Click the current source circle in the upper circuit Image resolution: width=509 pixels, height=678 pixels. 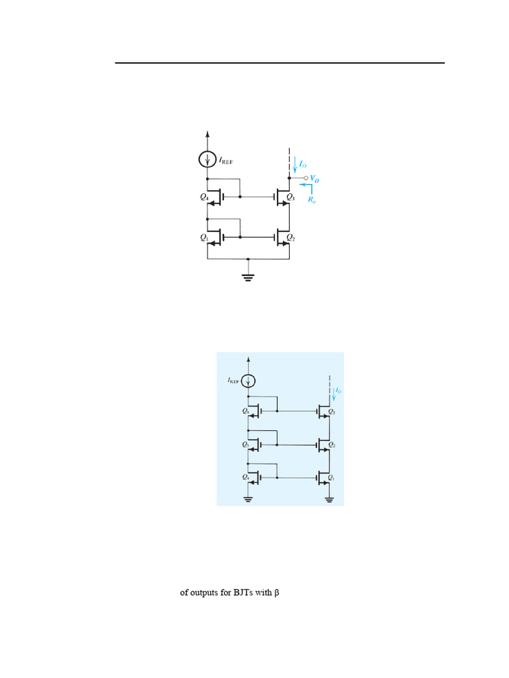pos(208,160)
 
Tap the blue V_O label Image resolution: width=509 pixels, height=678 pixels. pos(315,179)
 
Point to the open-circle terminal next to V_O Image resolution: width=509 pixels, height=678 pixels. pos(306,179)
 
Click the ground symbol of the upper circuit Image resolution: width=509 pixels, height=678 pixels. pos(248,277)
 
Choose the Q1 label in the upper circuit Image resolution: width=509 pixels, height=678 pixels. pos(204,236)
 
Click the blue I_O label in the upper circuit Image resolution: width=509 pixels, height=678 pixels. pos(302,162)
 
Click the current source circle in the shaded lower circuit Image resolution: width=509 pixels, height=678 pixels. pos(249,381)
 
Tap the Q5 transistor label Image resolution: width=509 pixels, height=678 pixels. pos(245,444)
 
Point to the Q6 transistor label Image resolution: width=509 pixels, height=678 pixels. pos(245,411)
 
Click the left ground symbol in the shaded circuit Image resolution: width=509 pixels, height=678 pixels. pos(249,499)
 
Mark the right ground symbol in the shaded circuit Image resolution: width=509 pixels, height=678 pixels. pos(329,499)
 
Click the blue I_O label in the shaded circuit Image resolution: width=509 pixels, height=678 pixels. pos(338,391)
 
